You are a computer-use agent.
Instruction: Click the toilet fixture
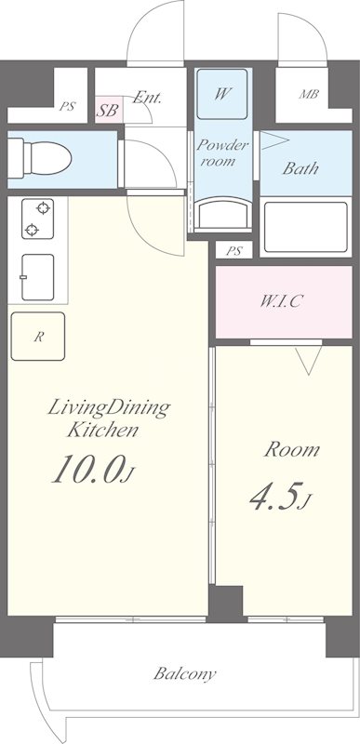(x=39, y=158)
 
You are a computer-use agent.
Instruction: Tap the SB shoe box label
(x=107, y=110)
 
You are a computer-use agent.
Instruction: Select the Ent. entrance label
(x=147, y=98)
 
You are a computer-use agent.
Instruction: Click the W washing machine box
(x=222, y=94)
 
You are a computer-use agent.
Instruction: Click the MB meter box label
(x=308, y=94)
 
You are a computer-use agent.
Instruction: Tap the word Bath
(x=300, y=168)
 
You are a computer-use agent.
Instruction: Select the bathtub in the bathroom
(x=306, y=227)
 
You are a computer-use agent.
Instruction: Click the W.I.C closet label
(x=281, y=301)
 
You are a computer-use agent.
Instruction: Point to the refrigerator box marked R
(x=38, y=337)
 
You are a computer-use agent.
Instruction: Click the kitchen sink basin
(x=37, y=277)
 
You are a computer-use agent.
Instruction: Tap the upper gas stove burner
(x=43, y=207)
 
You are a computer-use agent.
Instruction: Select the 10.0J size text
(x=91, y=469)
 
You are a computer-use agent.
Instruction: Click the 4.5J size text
(x=281, y=497)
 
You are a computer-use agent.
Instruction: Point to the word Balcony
(x=185, y=673)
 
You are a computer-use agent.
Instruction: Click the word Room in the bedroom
(x=292, y=449)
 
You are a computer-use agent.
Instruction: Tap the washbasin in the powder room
(x=223, y=215)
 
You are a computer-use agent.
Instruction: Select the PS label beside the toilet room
(x=67, y=106)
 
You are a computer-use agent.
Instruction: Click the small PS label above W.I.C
(x=233, y=250)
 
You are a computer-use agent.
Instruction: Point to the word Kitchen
(x=103, y=431)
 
